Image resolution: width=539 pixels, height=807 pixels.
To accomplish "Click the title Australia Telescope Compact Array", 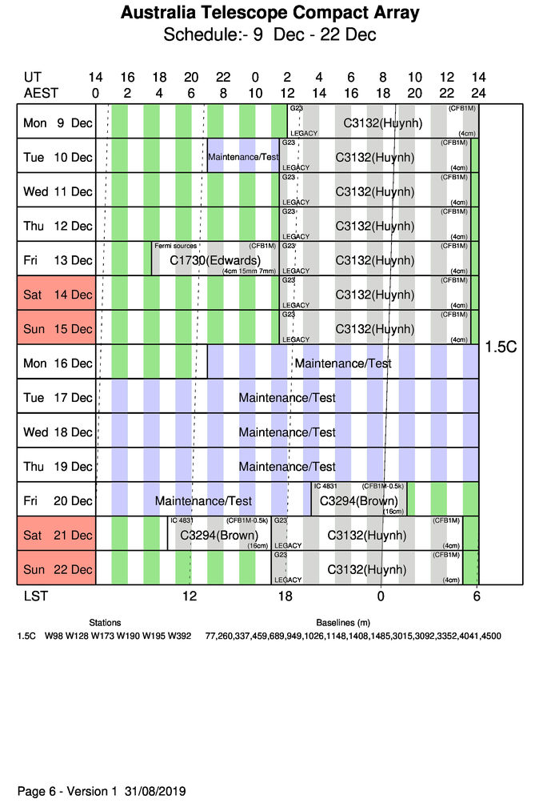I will (x=269, y=14).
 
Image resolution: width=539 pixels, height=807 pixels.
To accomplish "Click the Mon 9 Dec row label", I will (x=58, y=122).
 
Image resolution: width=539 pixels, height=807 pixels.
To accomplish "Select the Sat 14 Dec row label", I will (x=58, y=295).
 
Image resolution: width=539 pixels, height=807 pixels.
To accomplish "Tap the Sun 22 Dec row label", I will (x=58, y=569).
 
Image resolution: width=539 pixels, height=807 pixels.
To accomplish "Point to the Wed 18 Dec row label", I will (x=58, y=432).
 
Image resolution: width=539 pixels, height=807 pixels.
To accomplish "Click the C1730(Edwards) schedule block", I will (x=215, y=261).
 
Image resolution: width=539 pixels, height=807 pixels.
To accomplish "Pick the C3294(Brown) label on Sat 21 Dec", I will (x=219, y=536).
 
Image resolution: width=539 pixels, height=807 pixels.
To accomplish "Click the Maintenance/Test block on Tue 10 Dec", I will (x=243, y=157).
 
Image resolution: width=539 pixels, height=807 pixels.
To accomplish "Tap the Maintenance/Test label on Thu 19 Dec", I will (x=287, y=467).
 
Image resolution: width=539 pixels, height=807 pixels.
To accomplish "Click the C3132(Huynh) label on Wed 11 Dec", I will (x=373, y=192).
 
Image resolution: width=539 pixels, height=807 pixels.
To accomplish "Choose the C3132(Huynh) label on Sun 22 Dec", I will (x=367, y=570).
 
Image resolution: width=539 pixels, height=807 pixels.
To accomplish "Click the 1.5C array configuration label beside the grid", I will (x=501, y=347).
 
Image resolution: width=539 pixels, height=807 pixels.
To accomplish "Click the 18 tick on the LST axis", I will (x=285, y=596).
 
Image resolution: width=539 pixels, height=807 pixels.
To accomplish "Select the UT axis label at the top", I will (x=32, y=78).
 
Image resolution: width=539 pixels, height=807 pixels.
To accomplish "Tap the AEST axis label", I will (x=41, y=92).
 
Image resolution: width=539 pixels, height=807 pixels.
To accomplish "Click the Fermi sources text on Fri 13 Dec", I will (x=176, y=246).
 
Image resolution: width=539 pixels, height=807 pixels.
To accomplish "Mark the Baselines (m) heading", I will (x=343, y=622).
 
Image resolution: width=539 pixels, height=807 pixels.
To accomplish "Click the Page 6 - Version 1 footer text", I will (x=102, y=791).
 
